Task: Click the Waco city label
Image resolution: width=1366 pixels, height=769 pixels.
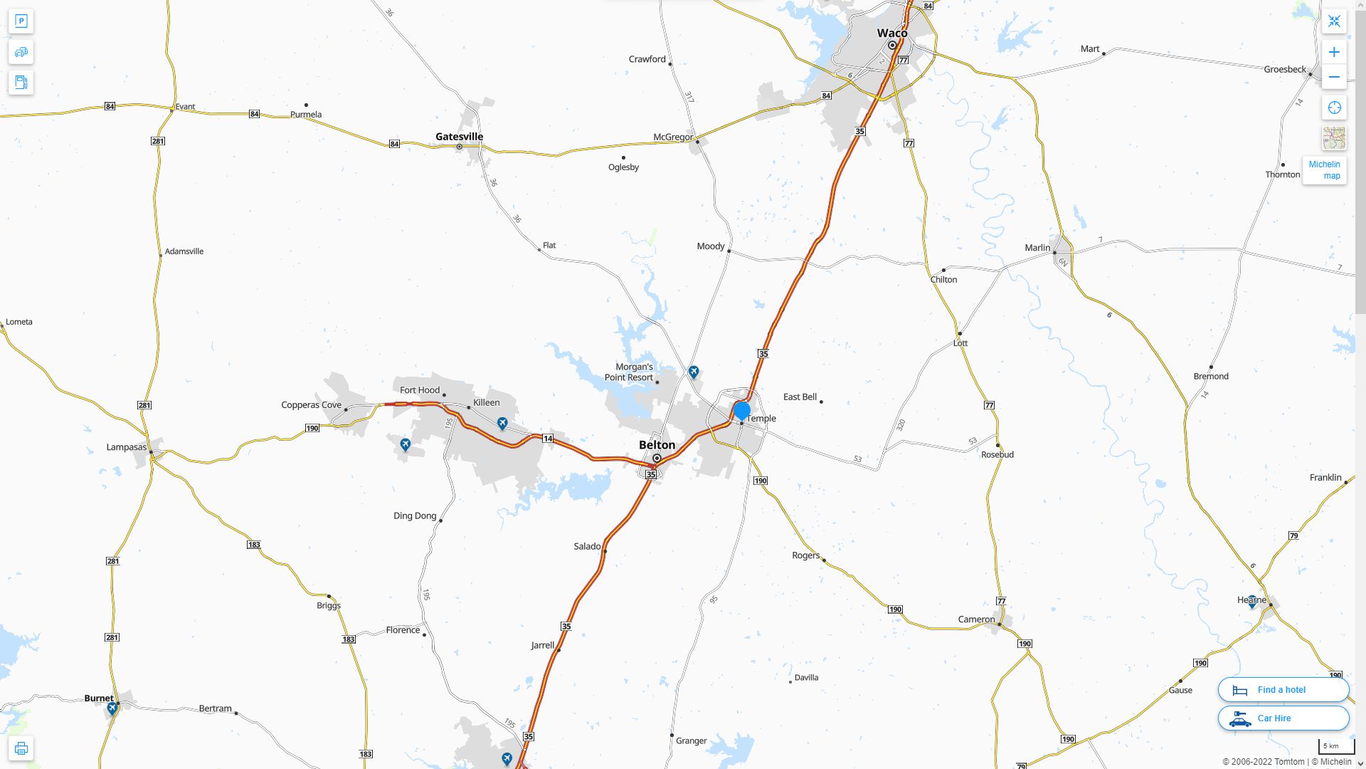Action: pos(891,33)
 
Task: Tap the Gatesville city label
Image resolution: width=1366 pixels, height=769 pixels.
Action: pos(459,136)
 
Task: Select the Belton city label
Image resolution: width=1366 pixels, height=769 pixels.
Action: pos(657,444)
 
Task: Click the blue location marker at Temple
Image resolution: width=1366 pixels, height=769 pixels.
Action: pos(742,411)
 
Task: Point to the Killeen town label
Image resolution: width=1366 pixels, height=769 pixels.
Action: pos(487,402)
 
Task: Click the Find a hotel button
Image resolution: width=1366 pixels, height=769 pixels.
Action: pos(1283,690)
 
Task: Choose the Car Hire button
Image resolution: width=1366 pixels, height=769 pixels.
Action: pos(1283,718)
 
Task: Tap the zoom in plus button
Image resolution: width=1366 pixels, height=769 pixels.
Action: pos(1334,52)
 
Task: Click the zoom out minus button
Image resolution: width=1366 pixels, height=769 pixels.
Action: pos(1334,77)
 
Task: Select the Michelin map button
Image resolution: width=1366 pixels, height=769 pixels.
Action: pos(1324,170)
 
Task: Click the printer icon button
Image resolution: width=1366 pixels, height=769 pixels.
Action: pos(21,748)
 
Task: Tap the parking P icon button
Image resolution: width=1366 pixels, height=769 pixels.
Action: pos(21,21)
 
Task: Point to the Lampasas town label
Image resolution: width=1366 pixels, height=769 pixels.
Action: pos(126,447)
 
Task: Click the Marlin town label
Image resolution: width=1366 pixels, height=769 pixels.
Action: pos(1037,248)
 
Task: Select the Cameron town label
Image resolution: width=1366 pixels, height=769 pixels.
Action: pos(976,619)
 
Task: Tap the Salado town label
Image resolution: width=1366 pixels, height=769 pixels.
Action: pos(587,546)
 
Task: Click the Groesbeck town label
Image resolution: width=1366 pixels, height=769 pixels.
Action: pos(1284,69)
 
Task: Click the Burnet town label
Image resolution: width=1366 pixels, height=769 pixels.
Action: pos(99,698)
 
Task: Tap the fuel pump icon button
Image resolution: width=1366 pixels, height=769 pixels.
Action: pos(21,82)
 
